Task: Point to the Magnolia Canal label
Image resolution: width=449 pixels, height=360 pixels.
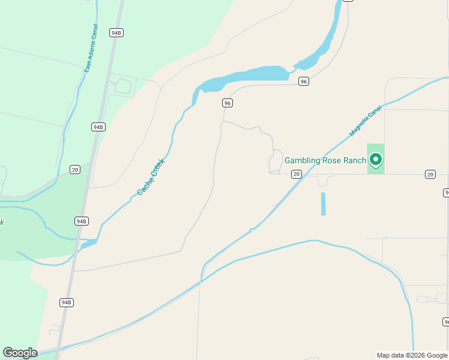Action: [366, 122]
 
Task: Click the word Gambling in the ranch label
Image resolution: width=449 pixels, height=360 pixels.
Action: [305, 160]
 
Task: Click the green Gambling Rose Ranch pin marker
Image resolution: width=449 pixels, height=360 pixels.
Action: [376, 160]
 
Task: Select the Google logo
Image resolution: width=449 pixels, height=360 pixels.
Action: [20, 353]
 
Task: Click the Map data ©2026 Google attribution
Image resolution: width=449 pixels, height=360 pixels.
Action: [412, 355]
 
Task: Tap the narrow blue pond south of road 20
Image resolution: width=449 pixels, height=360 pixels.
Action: [323, 203]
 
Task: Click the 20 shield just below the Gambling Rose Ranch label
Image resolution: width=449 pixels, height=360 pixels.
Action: [296, 174]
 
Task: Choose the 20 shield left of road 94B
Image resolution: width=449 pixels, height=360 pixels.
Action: [74, 169]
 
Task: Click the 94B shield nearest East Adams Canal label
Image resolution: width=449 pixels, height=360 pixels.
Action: [116, 33]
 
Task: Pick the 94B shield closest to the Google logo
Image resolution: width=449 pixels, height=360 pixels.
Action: [66, 302]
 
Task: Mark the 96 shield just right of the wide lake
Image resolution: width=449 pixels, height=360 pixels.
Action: [304, 82]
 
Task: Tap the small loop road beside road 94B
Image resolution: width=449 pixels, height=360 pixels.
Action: [123, 86]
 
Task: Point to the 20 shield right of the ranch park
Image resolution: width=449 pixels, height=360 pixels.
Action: [430, 174]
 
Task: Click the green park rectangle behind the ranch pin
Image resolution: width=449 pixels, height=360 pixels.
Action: [376, 168]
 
